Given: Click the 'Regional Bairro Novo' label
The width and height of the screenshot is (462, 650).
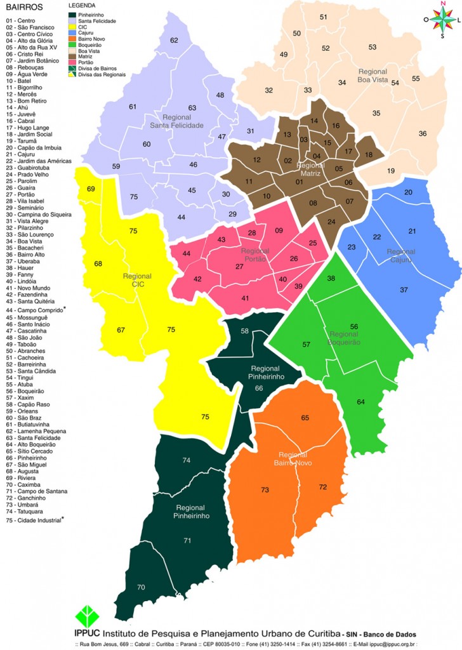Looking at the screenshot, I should click(x=293, y=459).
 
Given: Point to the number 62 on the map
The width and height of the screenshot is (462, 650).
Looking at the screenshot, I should click(x=174, y=41).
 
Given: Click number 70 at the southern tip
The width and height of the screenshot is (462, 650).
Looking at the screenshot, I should click(x=141, y=588).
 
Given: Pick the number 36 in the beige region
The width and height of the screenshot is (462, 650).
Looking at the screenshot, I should click(x=423, y=134).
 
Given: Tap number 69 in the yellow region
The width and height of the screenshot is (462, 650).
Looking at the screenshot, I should click(x=91, y=189).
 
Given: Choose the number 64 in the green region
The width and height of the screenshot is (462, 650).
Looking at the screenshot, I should click(x=361, y=402).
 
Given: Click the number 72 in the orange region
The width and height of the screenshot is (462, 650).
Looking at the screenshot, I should click(x=323, y=487).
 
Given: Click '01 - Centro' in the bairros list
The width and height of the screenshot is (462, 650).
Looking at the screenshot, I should click(x=21, y=22).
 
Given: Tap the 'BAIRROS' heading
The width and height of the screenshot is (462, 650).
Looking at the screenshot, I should click(x=23, y=8).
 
